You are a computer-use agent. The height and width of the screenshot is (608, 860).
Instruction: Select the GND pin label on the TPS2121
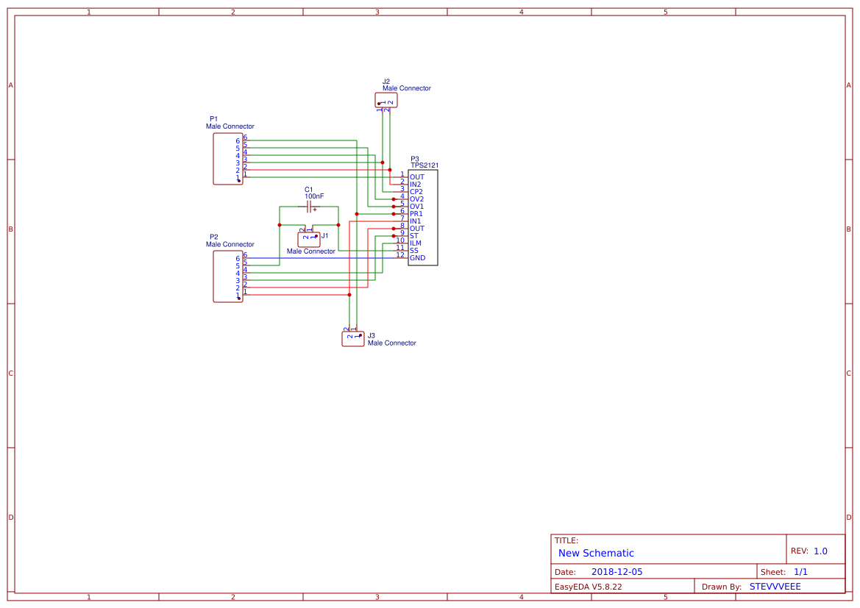click(x=417, y=258)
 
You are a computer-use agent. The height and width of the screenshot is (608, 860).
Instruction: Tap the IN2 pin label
click(x=416, y=185)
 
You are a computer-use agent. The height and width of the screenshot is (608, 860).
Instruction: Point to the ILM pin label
click(x=416, y=243)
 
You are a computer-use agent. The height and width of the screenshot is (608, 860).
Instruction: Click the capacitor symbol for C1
click(x=310, y=207)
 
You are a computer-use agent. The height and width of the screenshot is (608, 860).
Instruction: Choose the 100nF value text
click(x=314, y=196)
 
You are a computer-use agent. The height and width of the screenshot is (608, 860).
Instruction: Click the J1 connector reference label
click(x=325, y=236)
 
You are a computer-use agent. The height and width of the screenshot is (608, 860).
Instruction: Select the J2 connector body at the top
click(x=386, y=100)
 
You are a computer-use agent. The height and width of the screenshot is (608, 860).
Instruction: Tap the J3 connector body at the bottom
click(x=353, y=338)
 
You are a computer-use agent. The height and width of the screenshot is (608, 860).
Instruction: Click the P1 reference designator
click(x=213, y=118)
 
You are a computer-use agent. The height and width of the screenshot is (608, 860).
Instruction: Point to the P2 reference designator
click(x=213, y=237)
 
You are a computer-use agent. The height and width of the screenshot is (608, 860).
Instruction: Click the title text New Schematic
click(x=596, y=553)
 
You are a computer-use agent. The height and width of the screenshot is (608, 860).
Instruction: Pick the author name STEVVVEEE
click(x=775, y=587)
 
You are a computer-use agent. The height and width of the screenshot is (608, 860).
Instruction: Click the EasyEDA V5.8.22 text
click(x=588, y=587)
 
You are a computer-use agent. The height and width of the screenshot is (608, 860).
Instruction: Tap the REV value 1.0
click(x=820, y=551)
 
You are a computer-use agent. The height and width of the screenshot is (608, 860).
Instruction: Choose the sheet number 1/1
click(x=800, y=572)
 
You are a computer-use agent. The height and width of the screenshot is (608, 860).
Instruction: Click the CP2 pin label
click(x=416, y=192)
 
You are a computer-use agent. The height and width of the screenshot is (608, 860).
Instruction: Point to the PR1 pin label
click(x=416, y=214)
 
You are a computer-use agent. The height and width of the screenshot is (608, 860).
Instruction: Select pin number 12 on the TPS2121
click(x=400, y=255)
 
